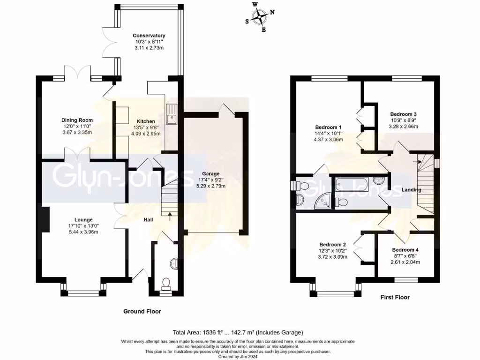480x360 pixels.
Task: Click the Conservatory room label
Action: (x=149, y=36)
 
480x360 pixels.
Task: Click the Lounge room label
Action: (x=83, y=219)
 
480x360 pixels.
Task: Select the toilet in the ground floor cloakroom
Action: (x=165, y=283)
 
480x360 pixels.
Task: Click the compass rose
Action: (x=259, y=17)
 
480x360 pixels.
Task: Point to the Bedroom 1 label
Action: (x=328, y=127)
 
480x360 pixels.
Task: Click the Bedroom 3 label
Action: (x=403, y=114)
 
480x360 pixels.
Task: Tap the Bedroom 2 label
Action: (x=332, y=245)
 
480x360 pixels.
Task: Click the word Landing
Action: (x=411, y=190)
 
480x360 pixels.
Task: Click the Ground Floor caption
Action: (x=142, y=311)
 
